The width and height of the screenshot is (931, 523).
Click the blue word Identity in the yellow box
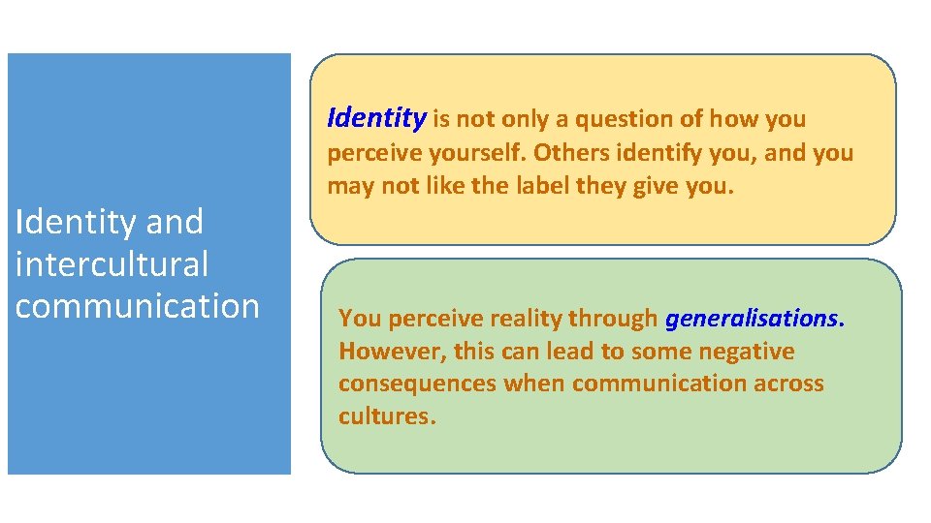point(376,119)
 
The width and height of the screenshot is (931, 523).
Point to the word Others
point(569,153)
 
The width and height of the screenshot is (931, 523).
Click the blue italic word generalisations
point(754,319)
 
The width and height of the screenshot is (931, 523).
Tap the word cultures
point(386,416)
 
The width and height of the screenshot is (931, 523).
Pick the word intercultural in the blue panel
point(112,263)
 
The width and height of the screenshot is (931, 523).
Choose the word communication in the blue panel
point(138,305)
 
